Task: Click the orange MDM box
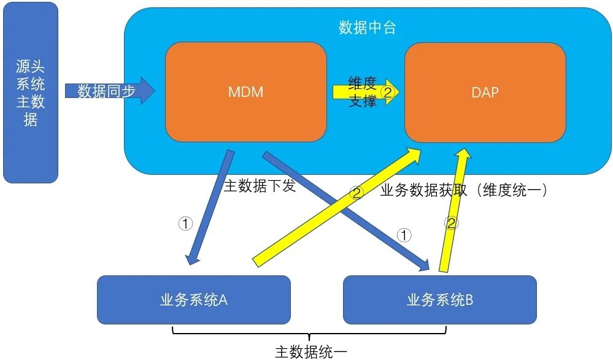tap(245, 92)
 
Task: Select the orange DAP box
tap(485, 92)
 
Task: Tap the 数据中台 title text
tap(367, 28)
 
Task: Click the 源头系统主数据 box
tap(31, 92)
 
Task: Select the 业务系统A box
tap(193, 300)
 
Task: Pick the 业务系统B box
tap(439, 300)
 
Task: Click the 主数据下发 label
tap(259, 185)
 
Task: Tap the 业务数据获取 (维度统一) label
tap(464, 190)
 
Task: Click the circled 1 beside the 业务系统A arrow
tap(185, 223)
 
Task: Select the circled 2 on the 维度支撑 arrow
tap(387, 92)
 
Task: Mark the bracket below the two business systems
tap(309, 335)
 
